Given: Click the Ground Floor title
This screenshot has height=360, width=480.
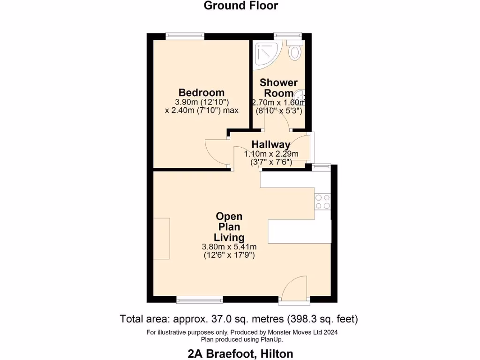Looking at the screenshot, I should [x=241, y=6].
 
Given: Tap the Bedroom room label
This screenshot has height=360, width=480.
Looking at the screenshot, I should [x=201, y=92].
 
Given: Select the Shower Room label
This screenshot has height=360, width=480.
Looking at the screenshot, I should [x=279, y=88].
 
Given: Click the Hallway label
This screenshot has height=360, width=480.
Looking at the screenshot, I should [x=270, y=144].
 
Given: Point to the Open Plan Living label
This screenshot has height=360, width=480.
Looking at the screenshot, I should [x=229, y=226].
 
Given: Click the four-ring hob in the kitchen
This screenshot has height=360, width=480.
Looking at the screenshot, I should [x=322, y=201].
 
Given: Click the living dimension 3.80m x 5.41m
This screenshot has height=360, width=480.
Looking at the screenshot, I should [x=229, y=247].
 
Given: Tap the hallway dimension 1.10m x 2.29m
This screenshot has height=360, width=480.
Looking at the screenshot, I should [x=271, y=154].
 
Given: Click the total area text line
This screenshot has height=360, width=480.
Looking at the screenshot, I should [x=240, y=319].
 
